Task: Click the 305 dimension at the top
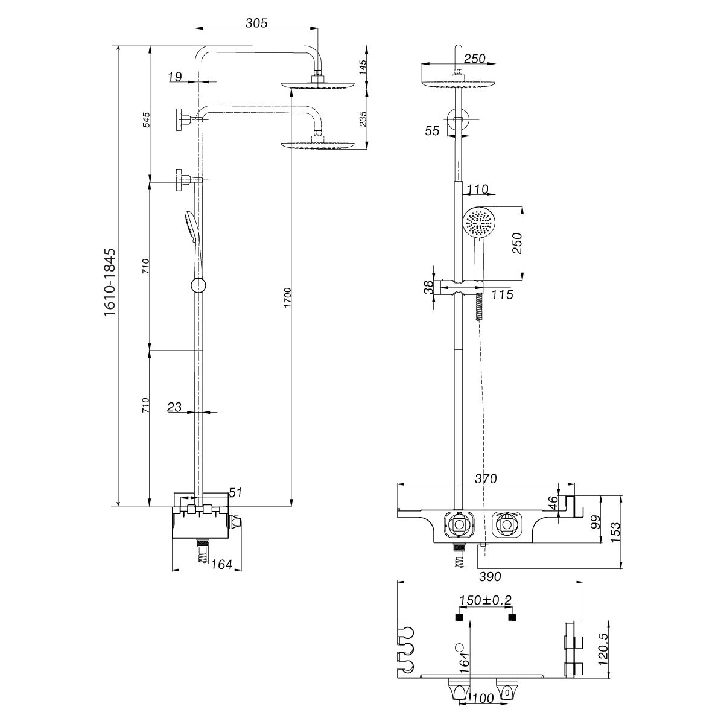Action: [x=256, y=23]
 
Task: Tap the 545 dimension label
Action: [x=145, y=120]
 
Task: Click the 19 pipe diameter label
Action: [x=175, y=77]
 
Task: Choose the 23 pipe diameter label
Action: [x=174, y=408]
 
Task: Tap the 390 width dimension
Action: [x=489, y=576]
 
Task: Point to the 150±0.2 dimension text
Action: [x=485, y=600]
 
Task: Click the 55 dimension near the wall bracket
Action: [x=432, y=130]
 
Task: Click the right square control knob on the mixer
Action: [x=506, y=523]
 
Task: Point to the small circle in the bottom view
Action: [x=460, y=647]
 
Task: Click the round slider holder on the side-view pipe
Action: [x=197, y=285]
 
